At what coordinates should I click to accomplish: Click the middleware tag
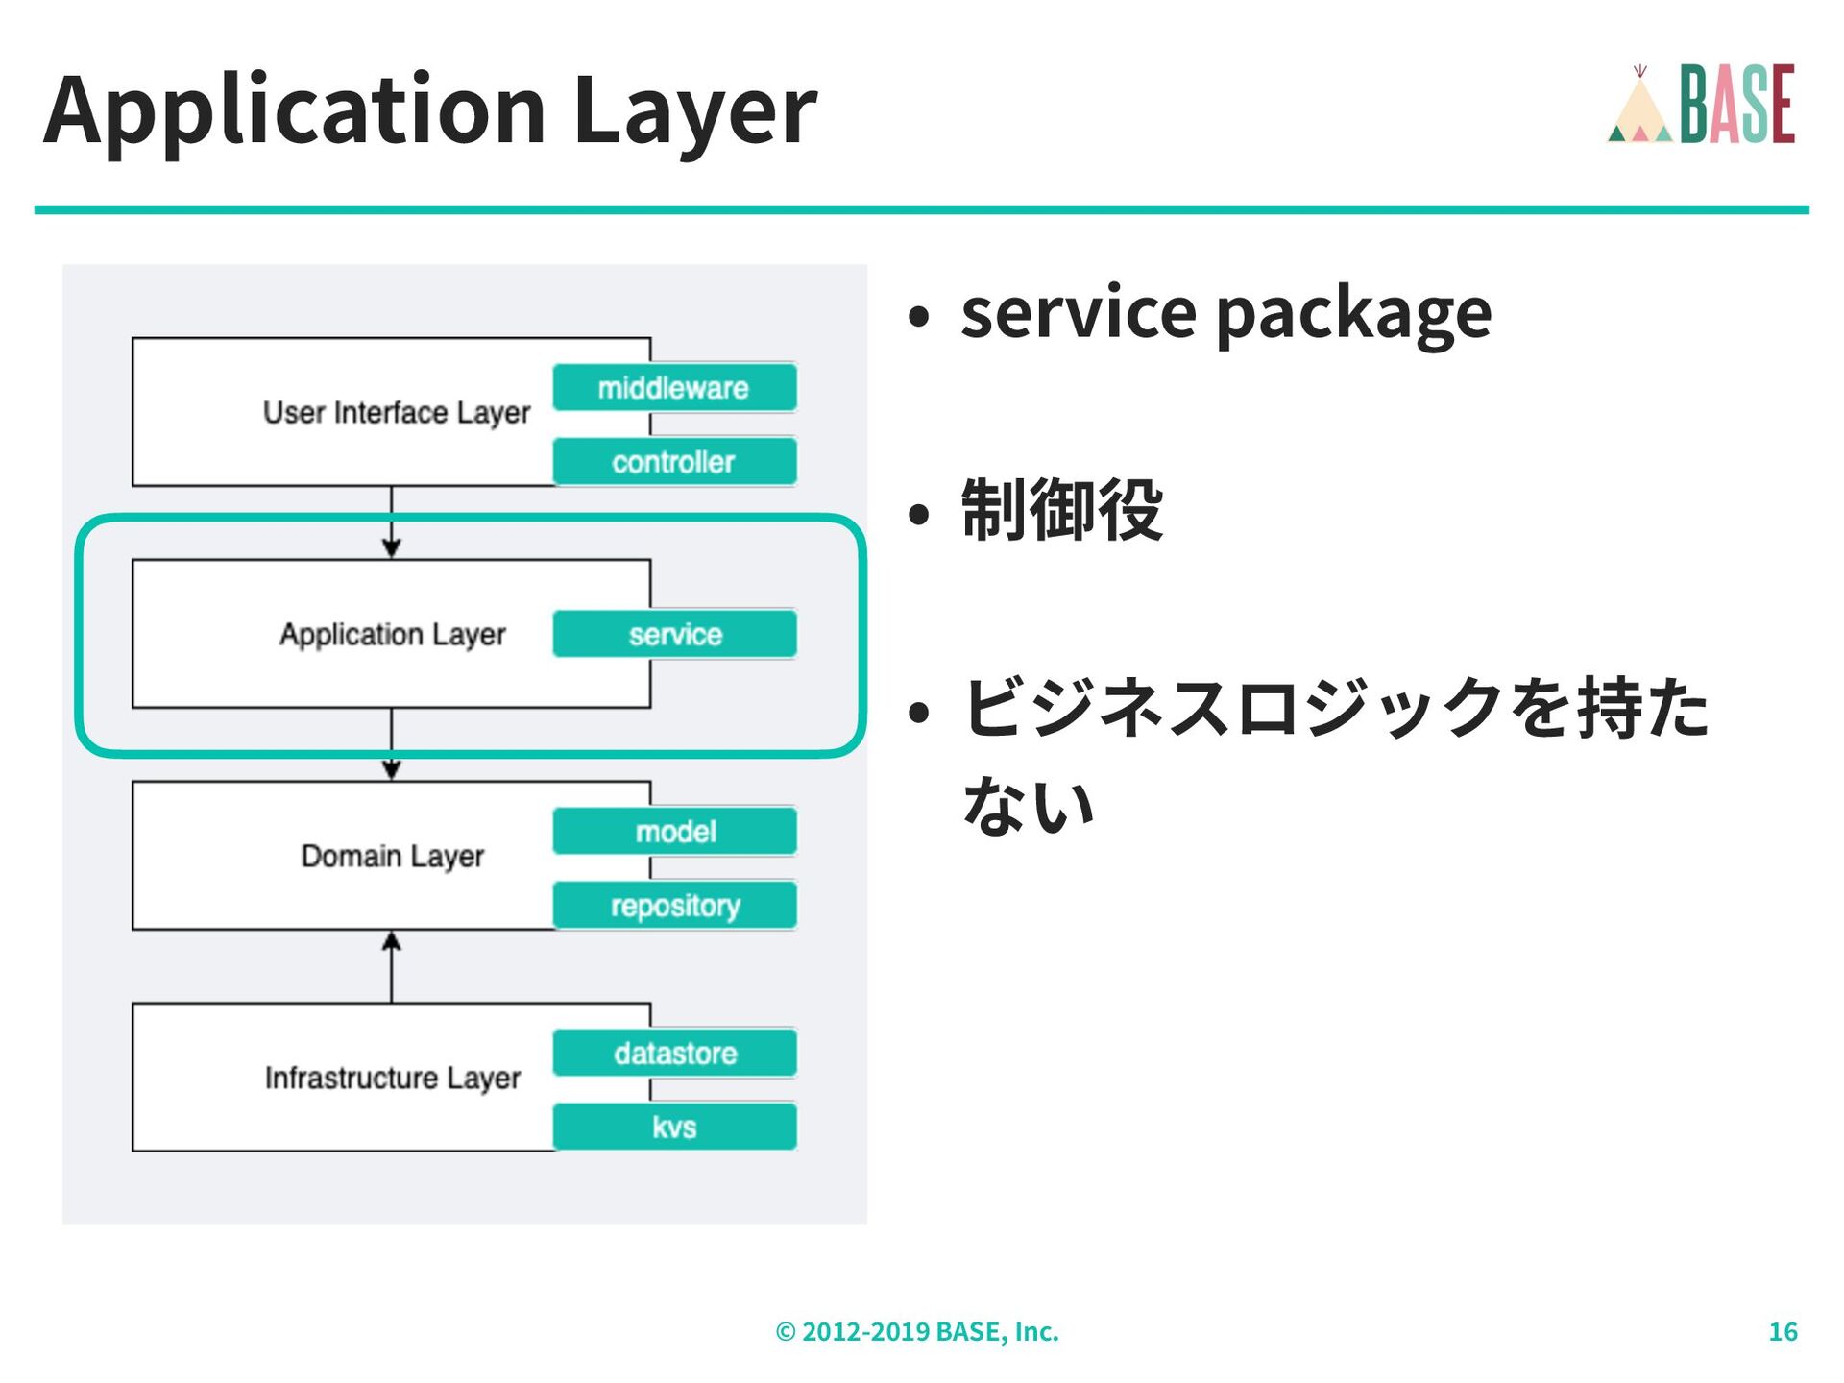674,388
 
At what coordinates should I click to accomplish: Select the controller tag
674,462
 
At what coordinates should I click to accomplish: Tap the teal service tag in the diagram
674,634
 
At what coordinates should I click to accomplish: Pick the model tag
674,831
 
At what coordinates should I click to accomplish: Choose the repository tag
674,905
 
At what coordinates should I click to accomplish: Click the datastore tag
674,1053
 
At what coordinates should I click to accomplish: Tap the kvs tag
674,1127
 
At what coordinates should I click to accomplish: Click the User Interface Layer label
396,413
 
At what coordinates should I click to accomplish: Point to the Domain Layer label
392,856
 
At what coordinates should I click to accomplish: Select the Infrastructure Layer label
392,1078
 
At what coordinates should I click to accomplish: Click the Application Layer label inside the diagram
392,634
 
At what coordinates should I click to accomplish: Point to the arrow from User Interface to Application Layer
391,522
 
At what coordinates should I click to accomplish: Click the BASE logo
1736,104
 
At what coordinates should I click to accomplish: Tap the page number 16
1783,1331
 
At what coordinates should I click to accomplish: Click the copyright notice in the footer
916,1331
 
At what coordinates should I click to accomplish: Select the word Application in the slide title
294,110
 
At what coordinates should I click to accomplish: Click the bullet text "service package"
1225,313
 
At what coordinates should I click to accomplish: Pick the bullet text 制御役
1061,510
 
